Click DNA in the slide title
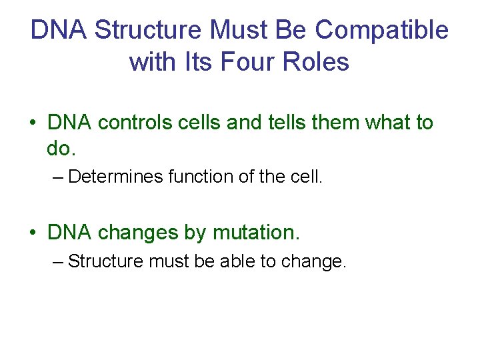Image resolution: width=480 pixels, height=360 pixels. coord(59,30)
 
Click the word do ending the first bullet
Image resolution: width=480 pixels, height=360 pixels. coord(58,148)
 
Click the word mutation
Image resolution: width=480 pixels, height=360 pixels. coord(256,233)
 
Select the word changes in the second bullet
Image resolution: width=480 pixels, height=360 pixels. coord(138,233)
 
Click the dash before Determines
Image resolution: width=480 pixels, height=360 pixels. coord(58,177)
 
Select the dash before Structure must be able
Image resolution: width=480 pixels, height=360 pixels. coord(58,262)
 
